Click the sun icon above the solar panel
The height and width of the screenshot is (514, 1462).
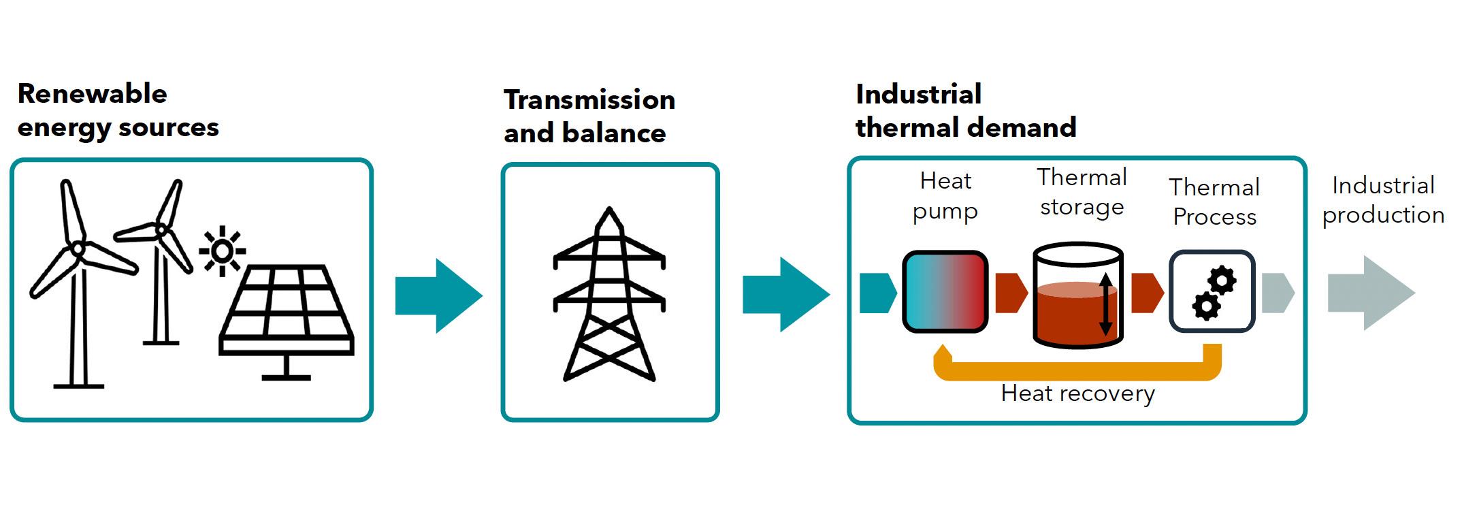[222, 251]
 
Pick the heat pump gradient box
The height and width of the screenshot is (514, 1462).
[945, 291]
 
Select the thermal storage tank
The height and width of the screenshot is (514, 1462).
[1077, 296]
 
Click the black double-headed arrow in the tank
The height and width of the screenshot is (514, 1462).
[1106, 304]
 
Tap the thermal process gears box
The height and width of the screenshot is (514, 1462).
[1212, 291]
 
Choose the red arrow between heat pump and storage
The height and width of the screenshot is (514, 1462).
[1011, 293]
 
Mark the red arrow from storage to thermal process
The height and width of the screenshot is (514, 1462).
[1147, 293]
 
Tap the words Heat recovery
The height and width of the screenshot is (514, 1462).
[1077, 393]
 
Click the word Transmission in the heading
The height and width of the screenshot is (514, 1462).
[589, 100]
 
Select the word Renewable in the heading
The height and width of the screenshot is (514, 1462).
[93, 93]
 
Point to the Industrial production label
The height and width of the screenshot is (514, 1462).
[1383, 200]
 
